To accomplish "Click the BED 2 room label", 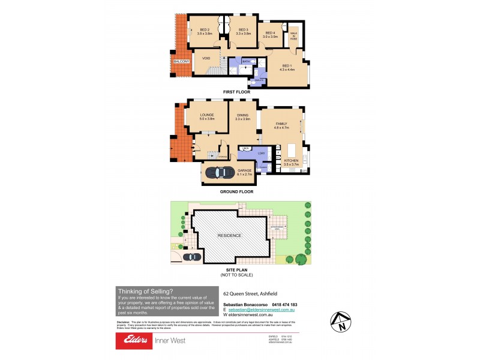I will [x=205, y=29].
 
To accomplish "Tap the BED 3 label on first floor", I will [x=243, y=29].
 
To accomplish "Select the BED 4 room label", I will [x=270, y=32].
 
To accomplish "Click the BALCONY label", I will [x=182, y=62].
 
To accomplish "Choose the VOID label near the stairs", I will [x=206, y=58].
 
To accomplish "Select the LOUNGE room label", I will [x=206, y=114].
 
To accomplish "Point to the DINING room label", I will [x=242, y=114].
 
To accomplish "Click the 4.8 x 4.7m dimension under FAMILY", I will [x=282, y=127].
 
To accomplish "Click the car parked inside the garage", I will [x=220, y=173].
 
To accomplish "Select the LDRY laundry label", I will [x=261, y=154].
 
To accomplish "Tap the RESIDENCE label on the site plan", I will [x=229, y=235].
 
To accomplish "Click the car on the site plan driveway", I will [x=192, y=257].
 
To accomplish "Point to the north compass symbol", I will [x=340, y=322].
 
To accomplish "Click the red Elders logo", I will [x=133, y=340].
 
